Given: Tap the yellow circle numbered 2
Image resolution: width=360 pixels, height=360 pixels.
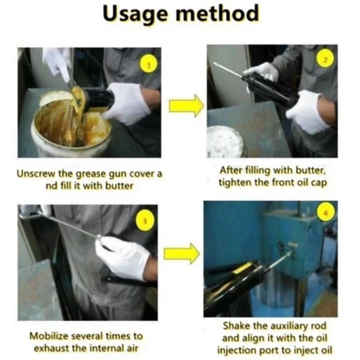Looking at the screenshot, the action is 325,59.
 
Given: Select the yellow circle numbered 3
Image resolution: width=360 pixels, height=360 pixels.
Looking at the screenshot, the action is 145,221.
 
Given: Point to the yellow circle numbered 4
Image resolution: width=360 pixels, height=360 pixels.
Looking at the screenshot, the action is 325,213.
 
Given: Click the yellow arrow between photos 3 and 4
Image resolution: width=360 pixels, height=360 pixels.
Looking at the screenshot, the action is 182,253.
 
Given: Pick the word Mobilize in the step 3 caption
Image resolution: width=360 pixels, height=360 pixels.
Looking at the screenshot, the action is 49,336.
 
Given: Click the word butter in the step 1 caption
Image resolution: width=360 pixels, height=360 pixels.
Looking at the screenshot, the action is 119,186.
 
